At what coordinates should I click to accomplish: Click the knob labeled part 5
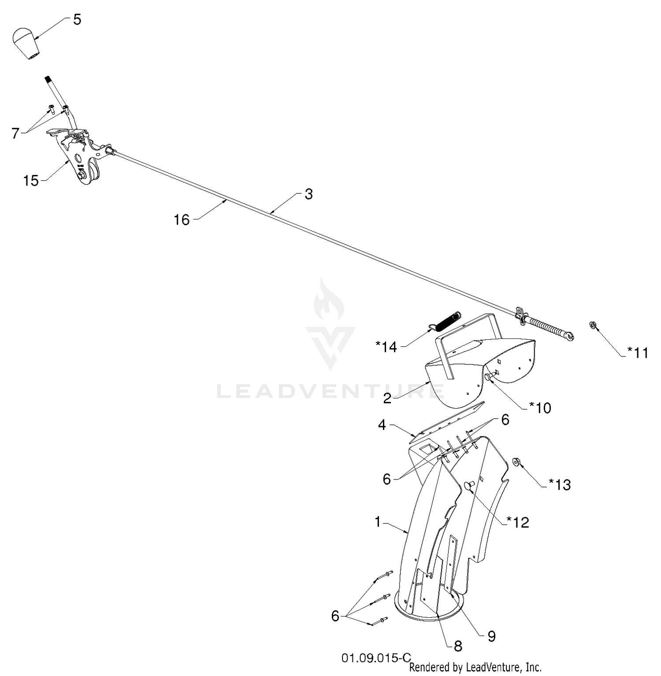[x=26, y=43]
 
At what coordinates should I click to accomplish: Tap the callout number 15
[x=31, y=181]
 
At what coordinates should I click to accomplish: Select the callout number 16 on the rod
[x=182, y=219]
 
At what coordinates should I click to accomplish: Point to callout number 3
[x=308, y=194]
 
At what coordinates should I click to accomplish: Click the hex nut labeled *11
[x=593, y=325]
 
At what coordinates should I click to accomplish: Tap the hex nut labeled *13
[x=516, y=462]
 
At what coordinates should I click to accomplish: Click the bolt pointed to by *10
[x=490, y=375]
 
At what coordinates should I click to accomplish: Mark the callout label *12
[x=518, y=522]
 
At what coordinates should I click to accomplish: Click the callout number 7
[x=16, y=133]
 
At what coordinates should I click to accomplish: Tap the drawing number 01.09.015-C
[x=376, y=658]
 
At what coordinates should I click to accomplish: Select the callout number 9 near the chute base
[x=491, y=636]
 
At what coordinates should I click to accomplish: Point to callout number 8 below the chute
[x=458, y=646]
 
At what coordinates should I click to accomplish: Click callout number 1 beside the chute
[x=378, y=522]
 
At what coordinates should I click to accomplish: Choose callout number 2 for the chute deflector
[x=387, y=399]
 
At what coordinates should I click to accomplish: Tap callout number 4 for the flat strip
[x=382, y=425]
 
